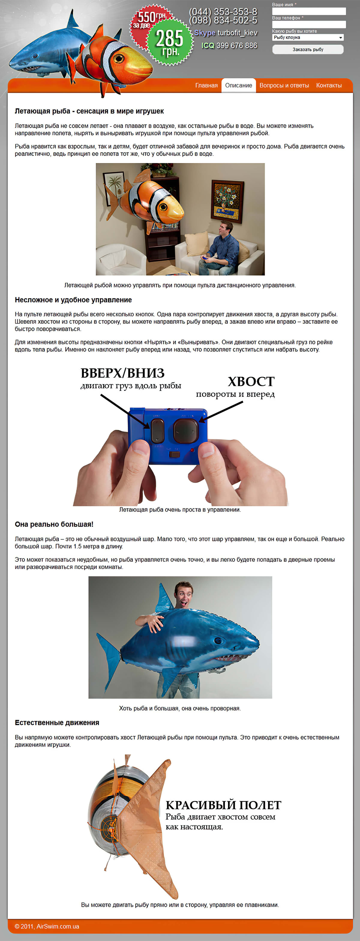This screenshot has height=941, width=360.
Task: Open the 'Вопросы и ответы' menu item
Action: (x=284, y=85)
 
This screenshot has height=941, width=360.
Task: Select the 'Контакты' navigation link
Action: (x=328, y=85)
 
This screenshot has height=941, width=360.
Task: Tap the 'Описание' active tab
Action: (x=238, y=85)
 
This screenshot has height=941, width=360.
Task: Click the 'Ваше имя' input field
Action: (x=309, y=11)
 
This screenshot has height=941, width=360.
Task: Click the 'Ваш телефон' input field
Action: (x=309, y=24)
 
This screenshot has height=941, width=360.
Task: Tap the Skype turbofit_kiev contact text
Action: (x=225, y=33)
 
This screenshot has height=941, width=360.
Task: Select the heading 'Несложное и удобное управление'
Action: (x=73, y=300)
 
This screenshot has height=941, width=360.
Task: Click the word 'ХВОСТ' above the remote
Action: (x=251, y=382)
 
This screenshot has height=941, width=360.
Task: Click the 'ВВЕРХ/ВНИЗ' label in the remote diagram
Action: (x=122, y=373)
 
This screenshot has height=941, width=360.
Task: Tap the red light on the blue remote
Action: (x=192, y=450)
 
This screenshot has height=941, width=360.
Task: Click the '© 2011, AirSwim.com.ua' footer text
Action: (x=47, y=926)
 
